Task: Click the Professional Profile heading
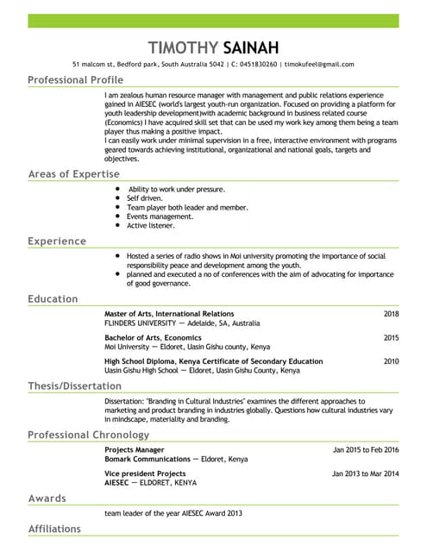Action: tap(76, 80)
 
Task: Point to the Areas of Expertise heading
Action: tap(73, 174)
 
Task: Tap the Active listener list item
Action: tap(151, 226)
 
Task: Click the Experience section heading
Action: tap(57, 241)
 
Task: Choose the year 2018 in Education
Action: tap(392, 314)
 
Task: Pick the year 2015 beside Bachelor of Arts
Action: tap(392, 337)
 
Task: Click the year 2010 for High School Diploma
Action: tap(392, 361)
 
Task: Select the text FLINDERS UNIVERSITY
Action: tap(146, 323)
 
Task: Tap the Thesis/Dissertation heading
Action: tap(75, 386)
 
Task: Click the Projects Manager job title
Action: tap(134, 450)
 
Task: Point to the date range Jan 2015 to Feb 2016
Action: tap(366, 450)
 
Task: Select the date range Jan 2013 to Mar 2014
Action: tap(366, 474)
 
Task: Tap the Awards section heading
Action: tap(48, 499)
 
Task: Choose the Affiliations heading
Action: tap(54, 529)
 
